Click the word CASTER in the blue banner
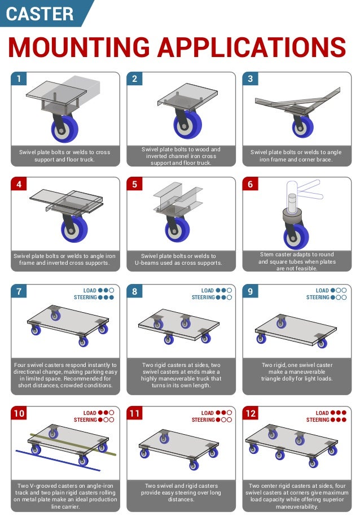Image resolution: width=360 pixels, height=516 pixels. click(39, 14)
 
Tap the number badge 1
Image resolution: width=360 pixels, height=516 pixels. click(19, 79)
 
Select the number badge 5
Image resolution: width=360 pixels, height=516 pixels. click(134, 184)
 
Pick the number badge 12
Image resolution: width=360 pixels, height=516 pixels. click(251, 414)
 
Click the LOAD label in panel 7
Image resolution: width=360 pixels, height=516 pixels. click(90, 291)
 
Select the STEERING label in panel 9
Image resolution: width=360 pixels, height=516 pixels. click(318, 298)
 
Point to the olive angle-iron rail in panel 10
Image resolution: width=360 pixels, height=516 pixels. click(73, 443)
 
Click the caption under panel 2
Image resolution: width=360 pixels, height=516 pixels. click(181, 156)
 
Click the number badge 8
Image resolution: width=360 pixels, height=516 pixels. click(134, 291)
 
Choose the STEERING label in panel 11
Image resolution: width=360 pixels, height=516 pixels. click(203, 420)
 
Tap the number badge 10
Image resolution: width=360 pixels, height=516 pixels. click(19, 414)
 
